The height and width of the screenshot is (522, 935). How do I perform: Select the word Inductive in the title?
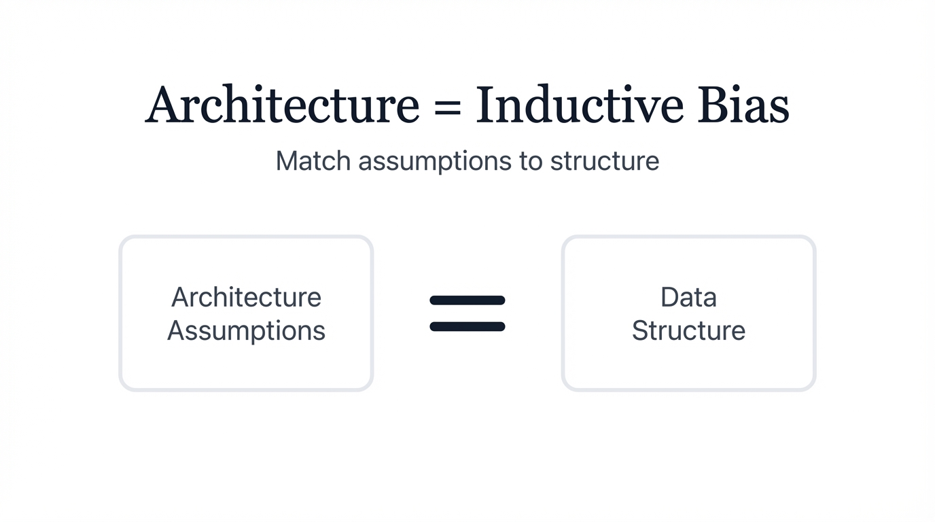[579, 105]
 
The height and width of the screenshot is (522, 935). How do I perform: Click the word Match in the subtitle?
[313, 161]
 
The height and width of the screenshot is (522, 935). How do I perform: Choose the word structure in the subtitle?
[604, 162]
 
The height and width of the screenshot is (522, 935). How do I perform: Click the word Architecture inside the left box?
[246, 297]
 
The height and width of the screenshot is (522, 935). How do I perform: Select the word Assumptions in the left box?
[246, 331]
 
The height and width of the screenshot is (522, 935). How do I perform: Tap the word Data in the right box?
[688, 297]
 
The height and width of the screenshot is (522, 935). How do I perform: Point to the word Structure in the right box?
[688, 330]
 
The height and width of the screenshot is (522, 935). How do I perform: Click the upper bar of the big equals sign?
[467, 300]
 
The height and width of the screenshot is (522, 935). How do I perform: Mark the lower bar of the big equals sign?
[467, 327]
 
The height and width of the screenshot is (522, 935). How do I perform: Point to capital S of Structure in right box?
[640, 330]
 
